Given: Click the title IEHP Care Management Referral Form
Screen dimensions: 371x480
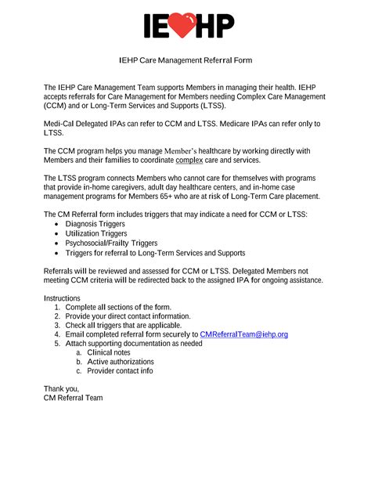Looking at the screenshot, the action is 185,60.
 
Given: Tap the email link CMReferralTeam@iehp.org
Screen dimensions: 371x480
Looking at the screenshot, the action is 244,334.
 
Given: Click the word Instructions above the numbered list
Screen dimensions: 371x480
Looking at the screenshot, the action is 62,298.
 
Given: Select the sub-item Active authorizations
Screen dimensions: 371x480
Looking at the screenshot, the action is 121,362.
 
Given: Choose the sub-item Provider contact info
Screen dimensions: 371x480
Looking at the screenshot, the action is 120,371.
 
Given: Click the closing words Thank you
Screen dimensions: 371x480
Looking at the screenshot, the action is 61,389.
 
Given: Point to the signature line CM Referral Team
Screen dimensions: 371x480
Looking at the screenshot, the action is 73,399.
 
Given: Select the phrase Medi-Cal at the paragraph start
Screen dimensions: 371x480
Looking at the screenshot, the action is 61,124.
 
